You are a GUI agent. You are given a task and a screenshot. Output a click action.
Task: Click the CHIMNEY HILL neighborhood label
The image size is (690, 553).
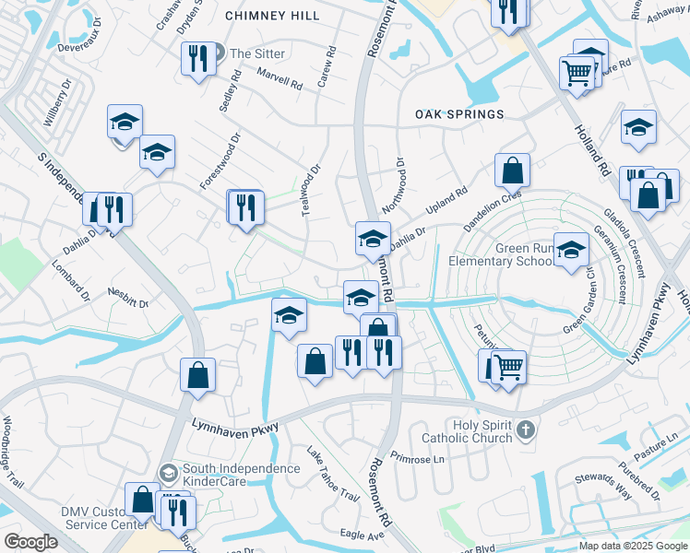tap(273, 16)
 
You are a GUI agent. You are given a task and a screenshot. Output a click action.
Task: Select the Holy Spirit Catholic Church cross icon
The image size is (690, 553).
tap(525, 429)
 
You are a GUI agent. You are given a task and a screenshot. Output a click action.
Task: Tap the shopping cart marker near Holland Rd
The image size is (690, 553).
tap(577, 71)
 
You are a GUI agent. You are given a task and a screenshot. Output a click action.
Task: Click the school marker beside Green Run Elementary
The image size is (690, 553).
tap(572, 250)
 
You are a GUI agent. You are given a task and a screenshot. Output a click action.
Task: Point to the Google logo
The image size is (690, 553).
tap(30, 542)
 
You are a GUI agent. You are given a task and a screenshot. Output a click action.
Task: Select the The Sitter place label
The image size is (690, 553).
tap(257, 53)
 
